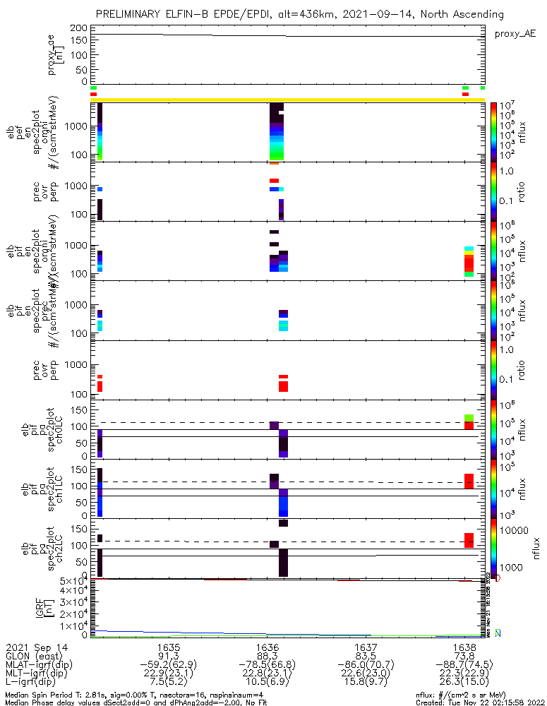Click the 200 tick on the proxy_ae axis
[79, 28]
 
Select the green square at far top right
[483, 88]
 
